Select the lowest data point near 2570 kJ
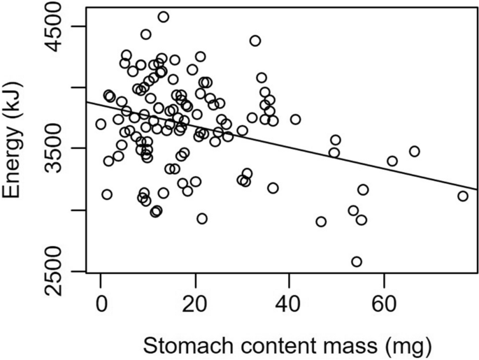(357, 261)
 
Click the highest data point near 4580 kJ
(163, 17)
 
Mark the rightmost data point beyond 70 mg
(463, 196)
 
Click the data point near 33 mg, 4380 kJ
(255, 41)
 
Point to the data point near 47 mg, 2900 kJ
(321, 222)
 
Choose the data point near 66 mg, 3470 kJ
(414, 151)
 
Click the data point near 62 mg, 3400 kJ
(392, 161)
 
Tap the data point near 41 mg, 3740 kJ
(295, 120)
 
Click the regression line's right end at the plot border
(478, 189)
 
